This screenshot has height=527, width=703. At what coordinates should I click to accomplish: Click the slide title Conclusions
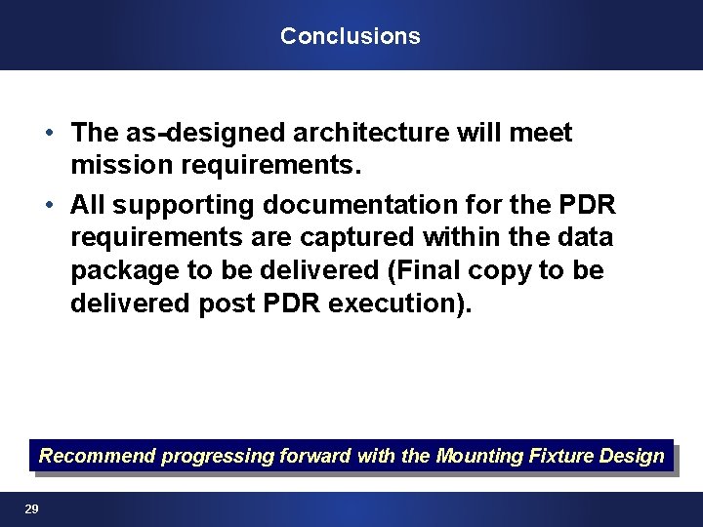click(350, 36)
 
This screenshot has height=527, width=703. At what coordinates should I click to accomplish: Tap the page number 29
click(31, 509)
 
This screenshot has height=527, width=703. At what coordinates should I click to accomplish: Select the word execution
click(393, 304)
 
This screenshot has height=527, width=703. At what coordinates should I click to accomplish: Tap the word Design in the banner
click(637, 456)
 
